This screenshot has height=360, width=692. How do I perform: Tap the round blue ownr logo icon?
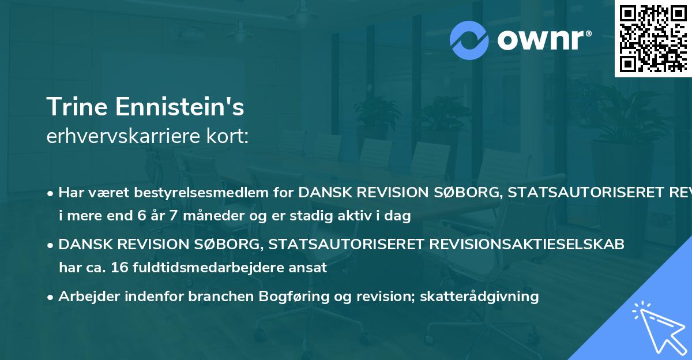469,40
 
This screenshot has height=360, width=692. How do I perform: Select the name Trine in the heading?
77,107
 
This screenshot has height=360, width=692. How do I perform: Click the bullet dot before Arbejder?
51,297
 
